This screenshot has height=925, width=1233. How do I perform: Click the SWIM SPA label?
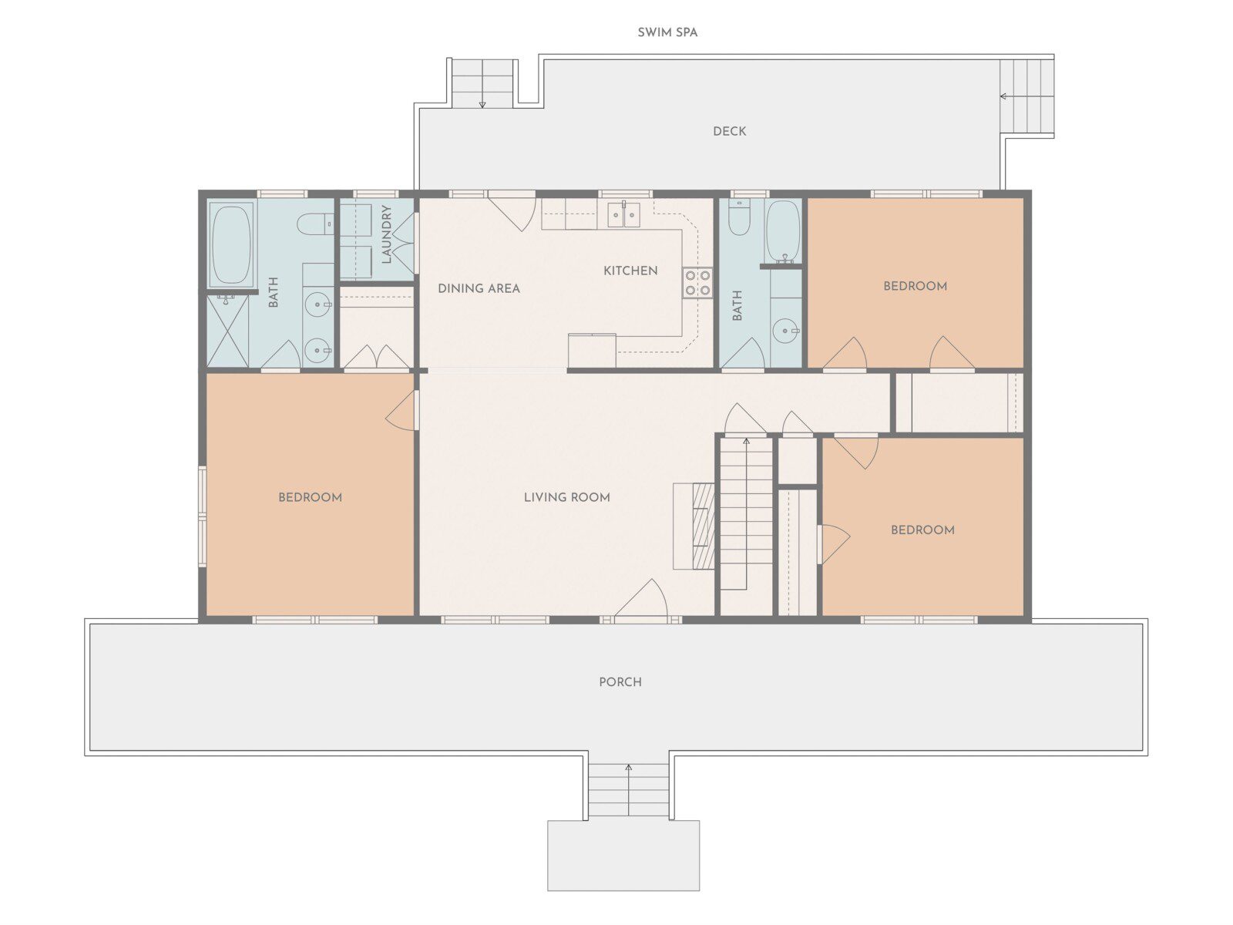pos(667,32)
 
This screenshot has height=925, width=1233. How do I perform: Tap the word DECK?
pos(729,131)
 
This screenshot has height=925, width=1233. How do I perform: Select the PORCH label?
pos(620,682)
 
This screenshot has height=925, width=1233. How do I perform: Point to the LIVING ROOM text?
pos(566,497)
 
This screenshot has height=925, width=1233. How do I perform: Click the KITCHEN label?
pos(630,271)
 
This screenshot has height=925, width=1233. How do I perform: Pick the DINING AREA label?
pos(479,288)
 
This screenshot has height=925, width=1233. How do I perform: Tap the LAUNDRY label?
pos(386,234)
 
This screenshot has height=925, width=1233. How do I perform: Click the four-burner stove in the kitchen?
pos(697,283)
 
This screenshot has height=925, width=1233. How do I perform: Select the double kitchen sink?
pos(623,214)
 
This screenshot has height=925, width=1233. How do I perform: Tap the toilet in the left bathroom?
pos(315,224)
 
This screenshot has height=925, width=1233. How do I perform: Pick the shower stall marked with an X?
pos(227,331)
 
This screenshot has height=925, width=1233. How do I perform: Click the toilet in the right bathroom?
pos(739,220)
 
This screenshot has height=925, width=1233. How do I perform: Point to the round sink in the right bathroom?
pos(784,331)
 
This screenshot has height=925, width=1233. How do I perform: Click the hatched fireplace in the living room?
pos(704,526)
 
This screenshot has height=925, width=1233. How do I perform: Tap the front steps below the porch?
pos(629,789)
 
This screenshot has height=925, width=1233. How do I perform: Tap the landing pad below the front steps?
pos(623,856)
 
